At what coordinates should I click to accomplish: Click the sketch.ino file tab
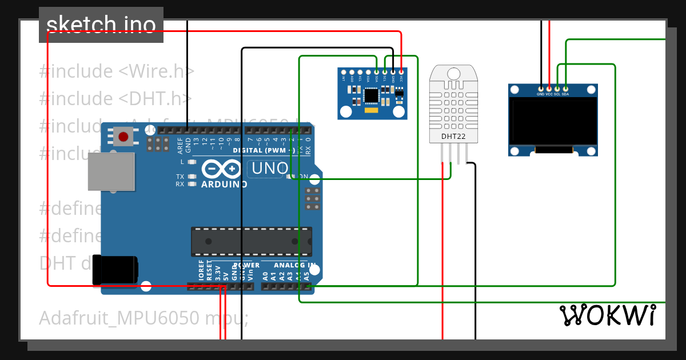click(101, 25)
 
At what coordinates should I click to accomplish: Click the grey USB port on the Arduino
click(111, 171)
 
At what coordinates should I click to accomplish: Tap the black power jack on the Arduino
click(115, 270)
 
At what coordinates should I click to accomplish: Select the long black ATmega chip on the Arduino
click(252, 241)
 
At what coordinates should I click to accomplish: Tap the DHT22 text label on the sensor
click(453, 137)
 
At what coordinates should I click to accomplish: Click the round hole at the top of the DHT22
click(453, 73)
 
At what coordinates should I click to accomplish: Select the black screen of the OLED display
click(553, 122)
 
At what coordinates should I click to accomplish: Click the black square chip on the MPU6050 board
click(372, 94)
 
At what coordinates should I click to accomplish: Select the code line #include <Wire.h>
click(117, 71)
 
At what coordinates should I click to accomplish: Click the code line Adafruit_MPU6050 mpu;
click(143, 318)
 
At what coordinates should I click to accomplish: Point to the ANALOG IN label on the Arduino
click(294, 265)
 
